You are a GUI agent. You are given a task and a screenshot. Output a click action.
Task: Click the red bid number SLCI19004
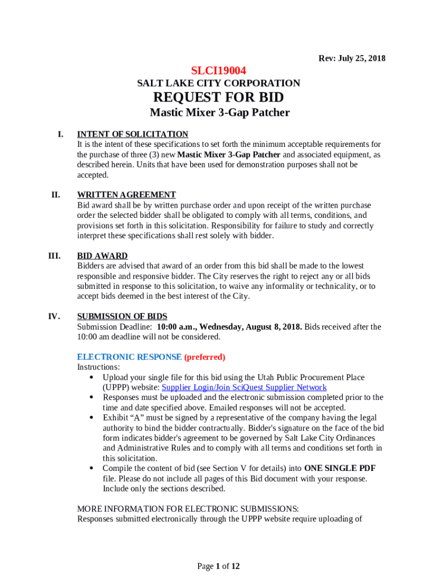pyautogui.click(x=218, y=71)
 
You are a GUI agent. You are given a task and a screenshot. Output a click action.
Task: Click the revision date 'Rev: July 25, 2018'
pyautogui.click(x=352, y=58)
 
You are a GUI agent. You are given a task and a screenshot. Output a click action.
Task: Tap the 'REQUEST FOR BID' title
pyautogui.click(x=218, y=97)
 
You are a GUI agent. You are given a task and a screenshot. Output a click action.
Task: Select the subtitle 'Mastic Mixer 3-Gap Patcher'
pyautogui.click(x=220, y=112)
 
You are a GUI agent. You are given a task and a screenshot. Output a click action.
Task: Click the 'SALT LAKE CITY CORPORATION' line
pyautogui.click(x=218, y=83)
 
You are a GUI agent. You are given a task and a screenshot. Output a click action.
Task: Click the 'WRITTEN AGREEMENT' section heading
pyautogui.click(x=127, y=195)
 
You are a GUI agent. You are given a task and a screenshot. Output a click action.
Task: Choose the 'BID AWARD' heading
pyautogui.click(x=102, y=256)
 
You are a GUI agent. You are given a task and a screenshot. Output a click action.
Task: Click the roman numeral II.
pyautogui.click(x=56, y=195)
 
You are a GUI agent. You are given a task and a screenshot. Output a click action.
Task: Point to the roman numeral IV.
pyautogui.click(x=55, y=317)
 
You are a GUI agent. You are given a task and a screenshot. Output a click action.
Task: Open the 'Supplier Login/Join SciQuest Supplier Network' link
pyautogui.click(x=244, y=388)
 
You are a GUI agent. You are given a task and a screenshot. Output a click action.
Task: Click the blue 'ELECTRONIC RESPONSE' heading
pyautogui.click(x=129, y=357)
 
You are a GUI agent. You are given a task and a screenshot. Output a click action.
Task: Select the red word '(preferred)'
pyautogui.click(x=205, y=357)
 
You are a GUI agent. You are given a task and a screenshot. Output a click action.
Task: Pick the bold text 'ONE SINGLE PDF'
pyautogui.click(x=340, y=468)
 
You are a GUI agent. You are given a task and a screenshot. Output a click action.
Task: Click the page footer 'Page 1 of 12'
pyautogui.click(x=218, y=566)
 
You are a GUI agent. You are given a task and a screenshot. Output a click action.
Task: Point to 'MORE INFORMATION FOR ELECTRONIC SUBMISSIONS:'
pyautogui.click(x=188, y=508)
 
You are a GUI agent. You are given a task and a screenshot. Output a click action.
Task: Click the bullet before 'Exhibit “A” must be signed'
pyautogui.click(x=92, y=418)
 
